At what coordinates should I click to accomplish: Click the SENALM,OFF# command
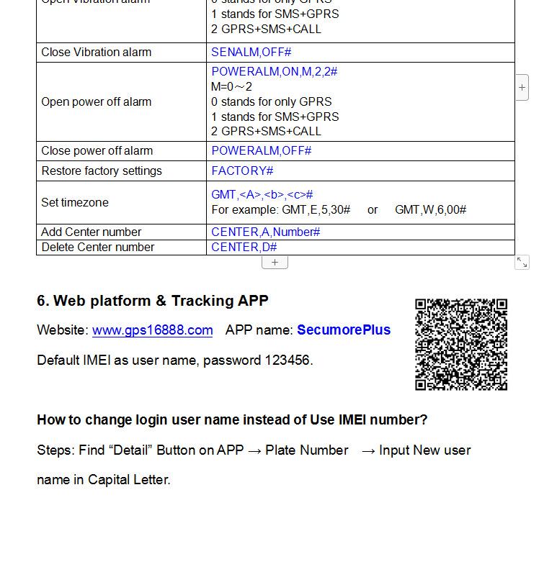[x=251, y=52]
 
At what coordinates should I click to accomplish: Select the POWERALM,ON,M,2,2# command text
[x=274, y=71]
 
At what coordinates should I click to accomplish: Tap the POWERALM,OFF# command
[x=261, y=150]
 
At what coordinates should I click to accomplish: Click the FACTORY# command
[x=242, y=171]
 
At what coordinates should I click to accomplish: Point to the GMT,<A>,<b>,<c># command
[x=262, y=194]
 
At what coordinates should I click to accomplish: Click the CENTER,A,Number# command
[x=265, y=232]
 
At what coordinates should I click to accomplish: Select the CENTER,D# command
[x=244, y=247]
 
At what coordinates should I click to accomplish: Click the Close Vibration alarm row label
[x=96, y=52]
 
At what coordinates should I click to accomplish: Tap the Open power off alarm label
[x=96, y=101]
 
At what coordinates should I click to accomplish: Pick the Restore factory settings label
[x=102, y=171]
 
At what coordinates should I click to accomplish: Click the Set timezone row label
[x=75, y=202]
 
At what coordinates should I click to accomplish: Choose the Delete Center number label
[x=97, y=247]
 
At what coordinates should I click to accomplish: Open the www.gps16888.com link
[x=152, y=330]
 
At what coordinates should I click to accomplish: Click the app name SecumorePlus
[x=344, y=330]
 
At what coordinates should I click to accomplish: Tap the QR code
[x=461, y=345]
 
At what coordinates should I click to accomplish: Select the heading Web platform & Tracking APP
[x=153, y=301]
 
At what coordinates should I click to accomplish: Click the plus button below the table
[x=275, y=263]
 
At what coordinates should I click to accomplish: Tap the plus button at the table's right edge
[x=522, y=88]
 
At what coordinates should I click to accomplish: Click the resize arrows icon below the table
[x=522, y=263]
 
